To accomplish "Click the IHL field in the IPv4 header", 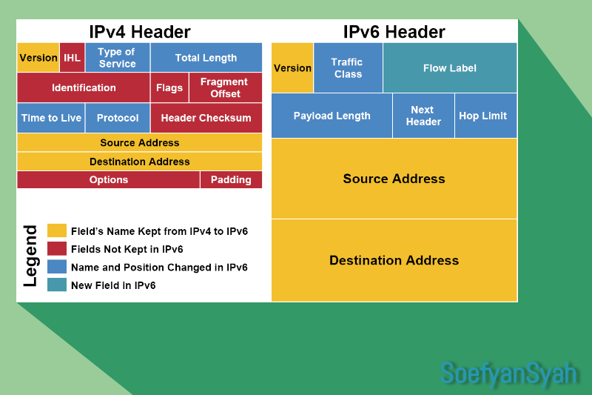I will [72, 58].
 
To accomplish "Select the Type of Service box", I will [117, 58].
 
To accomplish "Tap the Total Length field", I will [206, 58].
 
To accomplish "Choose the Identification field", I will [84, 87].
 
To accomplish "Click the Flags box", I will [169, 87].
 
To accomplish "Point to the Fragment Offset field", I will [225, 87].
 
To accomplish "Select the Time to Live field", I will [51, 118].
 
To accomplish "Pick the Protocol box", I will [118, 118].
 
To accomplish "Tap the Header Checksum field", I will [206, 118].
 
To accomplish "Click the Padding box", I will [231, 180].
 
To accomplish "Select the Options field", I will [108, 180].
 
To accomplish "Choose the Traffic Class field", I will [348, 68].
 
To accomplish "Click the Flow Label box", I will [450, 68].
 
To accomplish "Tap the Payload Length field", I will [332, 116].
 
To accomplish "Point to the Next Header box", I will [423, 116].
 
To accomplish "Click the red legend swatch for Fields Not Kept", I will [57, 249].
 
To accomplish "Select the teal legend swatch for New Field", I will [57, 285].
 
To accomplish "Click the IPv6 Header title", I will [394, 32].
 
